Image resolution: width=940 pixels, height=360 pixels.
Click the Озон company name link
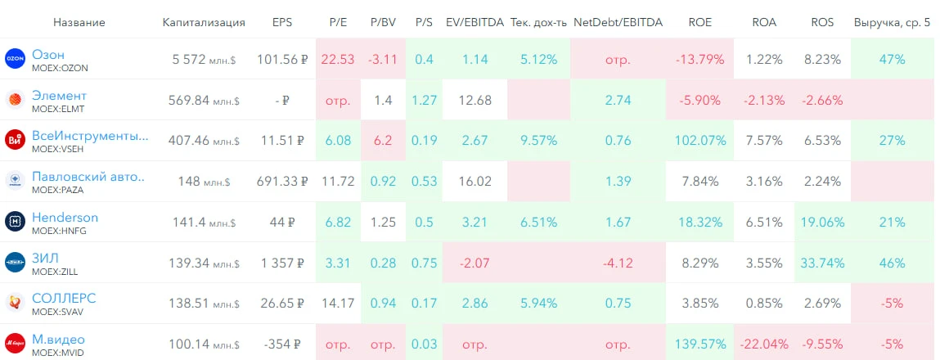(48, 55)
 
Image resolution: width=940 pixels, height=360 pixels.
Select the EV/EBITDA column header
(474, 23)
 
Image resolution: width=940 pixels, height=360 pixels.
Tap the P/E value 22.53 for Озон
(338, 60)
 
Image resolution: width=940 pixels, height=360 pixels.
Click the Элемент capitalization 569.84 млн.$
(204, 100)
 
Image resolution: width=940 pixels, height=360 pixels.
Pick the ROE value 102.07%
(701, 141)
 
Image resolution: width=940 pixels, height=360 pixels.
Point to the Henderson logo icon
(15, 222)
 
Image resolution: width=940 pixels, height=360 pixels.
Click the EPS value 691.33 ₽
(282, 182)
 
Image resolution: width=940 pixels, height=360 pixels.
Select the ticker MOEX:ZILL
(55, 272)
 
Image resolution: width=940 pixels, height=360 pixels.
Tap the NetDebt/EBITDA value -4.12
(618, 263)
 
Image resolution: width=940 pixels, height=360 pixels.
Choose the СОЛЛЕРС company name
(64, 298)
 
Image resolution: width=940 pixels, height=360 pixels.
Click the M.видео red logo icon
(15, 344)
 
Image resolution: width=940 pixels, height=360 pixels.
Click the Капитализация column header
(204, 23)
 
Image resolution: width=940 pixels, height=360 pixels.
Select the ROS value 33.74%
(822, 263)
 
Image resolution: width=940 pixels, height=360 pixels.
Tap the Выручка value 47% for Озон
(893, 60)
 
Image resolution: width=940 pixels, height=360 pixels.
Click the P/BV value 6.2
(383, 141)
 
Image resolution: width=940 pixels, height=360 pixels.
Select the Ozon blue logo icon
(15, 59)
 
